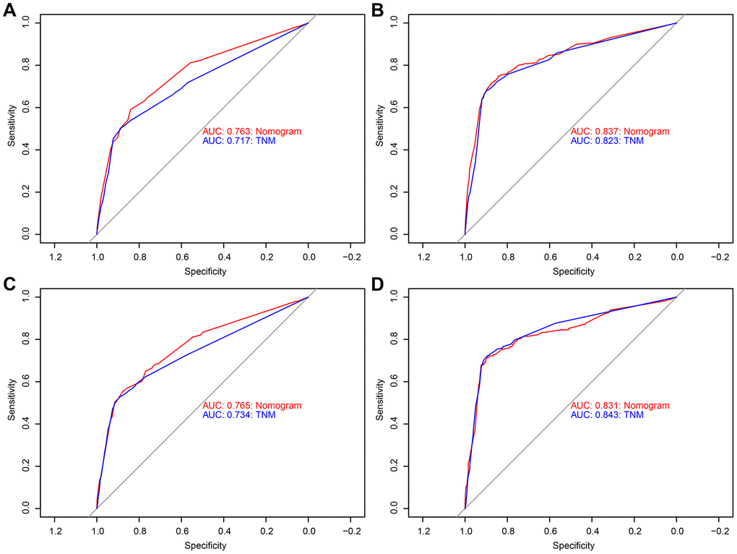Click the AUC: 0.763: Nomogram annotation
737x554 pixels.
pyautogui.click(x=251, y=132)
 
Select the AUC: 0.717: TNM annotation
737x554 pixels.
pyautogui.click(x=239, y=141)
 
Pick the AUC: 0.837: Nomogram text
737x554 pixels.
pyautogui.click(x=620, y=132)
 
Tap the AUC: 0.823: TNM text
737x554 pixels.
pyautogui.click(x=607, y=141)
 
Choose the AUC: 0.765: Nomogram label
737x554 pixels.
pyautogui.click(x=251, y=406)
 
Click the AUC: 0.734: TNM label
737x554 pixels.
pyautogui.click(x=239, y=415)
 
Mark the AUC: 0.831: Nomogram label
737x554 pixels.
pyautogui.click(x=620, y=406)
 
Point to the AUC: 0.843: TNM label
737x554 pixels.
pyautogui.click(x=607, y=415)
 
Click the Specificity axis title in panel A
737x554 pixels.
pyautogui.click(x=206, y=272)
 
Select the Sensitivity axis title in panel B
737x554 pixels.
pyautogui.click(x=382, y=127)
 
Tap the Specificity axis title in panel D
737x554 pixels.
pyautogui.click(x=574, y=546)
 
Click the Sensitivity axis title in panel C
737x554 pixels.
pyautogui.click(x=12, y=401)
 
